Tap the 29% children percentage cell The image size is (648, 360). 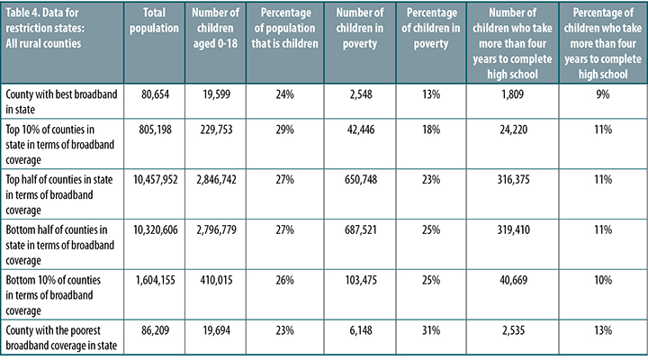[x=287, y=131]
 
